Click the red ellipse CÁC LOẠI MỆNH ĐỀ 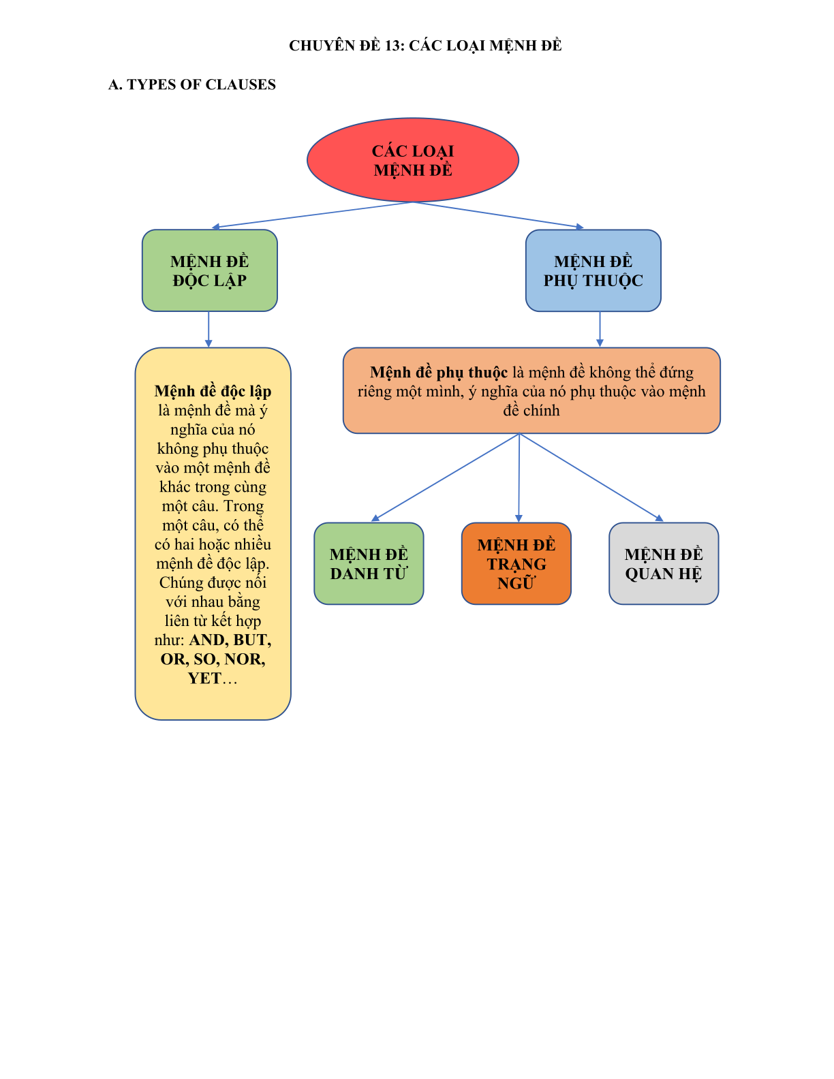(x=413, y=160)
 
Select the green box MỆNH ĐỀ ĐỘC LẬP (x=210, y=270)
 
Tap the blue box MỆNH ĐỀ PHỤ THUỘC (x=593, y=270)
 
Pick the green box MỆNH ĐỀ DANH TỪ (x=369, y=563)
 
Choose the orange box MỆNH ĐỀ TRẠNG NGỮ (x=516, y=563)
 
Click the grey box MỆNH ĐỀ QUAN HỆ (x=664, y=563)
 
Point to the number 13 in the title (x=392, y=46)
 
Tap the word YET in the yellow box (x=204, y=678)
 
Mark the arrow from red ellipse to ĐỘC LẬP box (x=312, y=215)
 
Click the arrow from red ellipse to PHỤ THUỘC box (x=498, y=215)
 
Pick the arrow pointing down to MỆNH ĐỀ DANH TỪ (x=445, y=478)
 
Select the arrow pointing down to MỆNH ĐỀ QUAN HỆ (x=591, y=478)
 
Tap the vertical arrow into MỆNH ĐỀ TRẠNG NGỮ (x=519, y=478)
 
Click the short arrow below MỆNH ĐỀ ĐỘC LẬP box (x=208, y=330)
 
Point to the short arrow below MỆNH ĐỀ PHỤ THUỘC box (x=600, y=330)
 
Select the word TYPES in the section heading (x=151, y=84)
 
